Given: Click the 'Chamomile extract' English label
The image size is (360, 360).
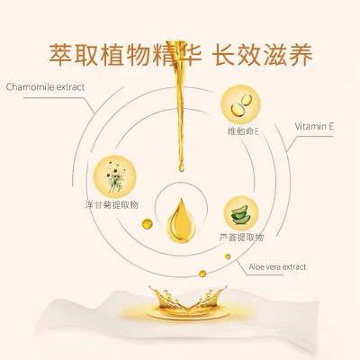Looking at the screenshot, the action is (45, 87).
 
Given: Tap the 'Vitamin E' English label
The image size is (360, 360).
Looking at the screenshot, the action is (314, 126).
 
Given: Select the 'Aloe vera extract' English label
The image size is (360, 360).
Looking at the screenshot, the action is (277, 266).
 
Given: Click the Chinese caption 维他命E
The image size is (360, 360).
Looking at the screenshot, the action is (243, 131).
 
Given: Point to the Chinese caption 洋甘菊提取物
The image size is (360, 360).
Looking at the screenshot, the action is (112, 205).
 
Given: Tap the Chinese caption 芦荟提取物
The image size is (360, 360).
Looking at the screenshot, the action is (242, 238).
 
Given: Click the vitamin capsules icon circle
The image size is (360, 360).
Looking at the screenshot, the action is (240, 104).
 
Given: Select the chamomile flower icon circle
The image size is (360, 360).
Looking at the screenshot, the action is (115, 176).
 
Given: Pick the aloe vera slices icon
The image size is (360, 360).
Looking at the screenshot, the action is (240, 213).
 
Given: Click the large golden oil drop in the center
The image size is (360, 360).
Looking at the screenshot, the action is (181, 220).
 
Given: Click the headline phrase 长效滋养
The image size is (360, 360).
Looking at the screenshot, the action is (263, 55).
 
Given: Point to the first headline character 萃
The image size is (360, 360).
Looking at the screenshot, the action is (60, 55).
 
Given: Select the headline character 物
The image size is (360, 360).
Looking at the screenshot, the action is (138, 55).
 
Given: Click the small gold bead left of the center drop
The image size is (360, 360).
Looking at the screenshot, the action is (148, 224).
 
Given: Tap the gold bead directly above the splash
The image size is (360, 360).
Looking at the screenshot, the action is (202, 274).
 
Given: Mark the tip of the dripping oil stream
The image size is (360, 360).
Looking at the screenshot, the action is (181, 171).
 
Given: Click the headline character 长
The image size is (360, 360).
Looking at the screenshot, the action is (224, 55).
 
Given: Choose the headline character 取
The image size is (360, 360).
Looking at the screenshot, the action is (86, 55).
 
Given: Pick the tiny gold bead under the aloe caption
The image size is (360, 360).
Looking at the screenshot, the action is (228, 256).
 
